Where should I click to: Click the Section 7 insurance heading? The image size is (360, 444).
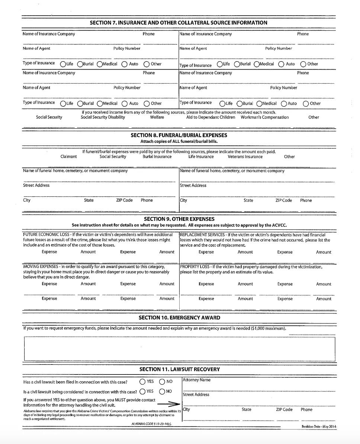(x=179, y=23)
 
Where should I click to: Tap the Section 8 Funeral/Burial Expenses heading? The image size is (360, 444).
(x=179, y=135)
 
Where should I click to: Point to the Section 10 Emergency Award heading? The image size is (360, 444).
(x=179, y=318)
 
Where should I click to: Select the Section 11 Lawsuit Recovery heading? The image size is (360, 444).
(x=179, y=369)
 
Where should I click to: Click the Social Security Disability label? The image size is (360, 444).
(x=103, y=117)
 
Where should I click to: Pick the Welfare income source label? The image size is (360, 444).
(x=157, y=117)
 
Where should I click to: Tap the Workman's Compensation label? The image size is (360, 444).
(x=264, y=117)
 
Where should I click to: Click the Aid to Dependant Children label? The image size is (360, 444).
(x=211, y=117)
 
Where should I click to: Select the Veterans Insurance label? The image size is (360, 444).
(x=245, y=157)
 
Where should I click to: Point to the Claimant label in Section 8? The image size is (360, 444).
(x=69, y=157)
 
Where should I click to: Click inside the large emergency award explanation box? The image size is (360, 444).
(x=179, y=349)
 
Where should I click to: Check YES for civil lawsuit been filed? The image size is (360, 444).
(x=142, y=382)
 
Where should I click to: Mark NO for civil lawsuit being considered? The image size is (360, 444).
(x=162, y=391)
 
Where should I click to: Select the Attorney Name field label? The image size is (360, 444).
(x=197, y=380)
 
